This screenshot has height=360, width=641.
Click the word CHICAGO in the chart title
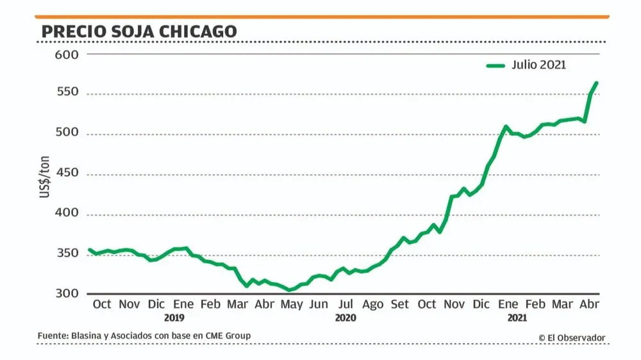click(199, 31)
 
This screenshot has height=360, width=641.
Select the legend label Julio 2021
click(538, 65)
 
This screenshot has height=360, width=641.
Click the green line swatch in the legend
click(496, 65)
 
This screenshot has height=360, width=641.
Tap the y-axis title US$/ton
click(45, 173)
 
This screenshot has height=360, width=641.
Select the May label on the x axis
click(292, 304)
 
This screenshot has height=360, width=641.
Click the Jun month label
click(319, 304)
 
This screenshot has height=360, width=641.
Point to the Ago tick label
click(372, 304)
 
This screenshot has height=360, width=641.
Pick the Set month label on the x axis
click(399, 304)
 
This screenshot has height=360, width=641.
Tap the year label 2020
click(345, 318)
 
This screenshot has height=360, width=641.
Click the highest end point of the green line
click(597, 83)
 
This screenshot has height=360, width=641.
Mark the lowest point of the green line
click(289, 290)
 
